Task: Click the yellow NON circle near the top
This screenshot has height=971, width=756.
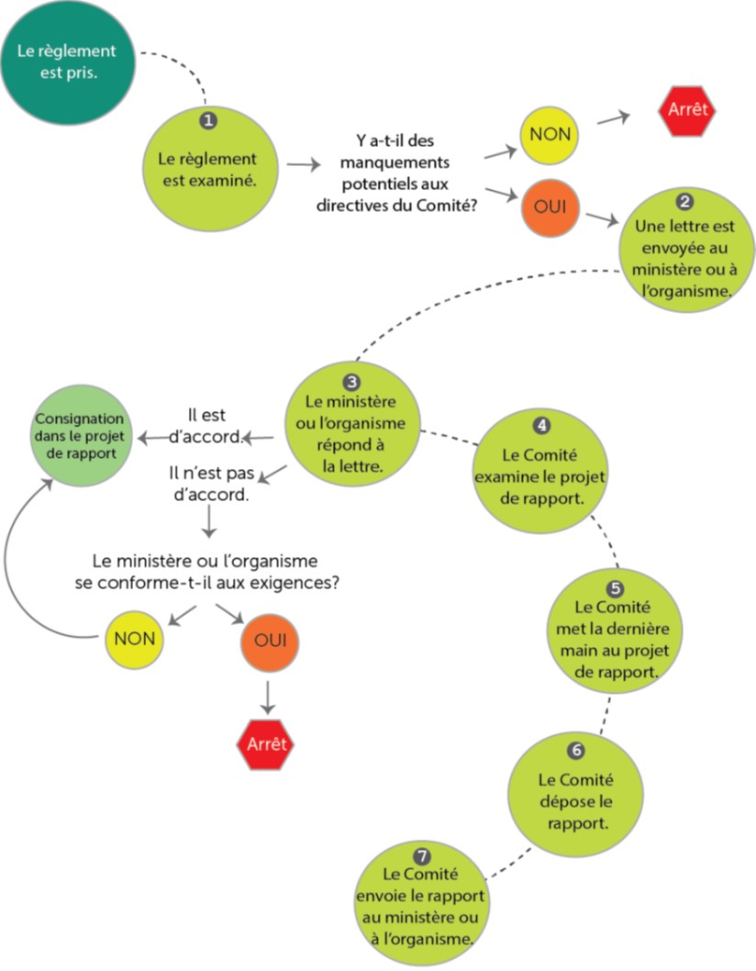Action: (x=550, y=134)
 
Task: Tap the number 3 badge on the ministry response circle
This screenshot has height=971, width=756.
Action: (x=351, y=381)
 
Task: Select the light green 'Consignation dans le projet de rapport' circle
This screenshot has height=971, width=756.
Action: (x=83, y=435)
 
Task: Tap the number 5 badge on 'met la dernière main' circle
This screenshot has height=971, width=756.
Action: (x=616, y=586)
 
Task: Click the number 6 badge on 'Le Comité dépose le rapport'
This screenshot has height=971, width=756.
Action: (x=575, y=750)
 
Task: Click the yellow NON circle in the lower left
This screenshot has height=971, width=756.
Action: (x=135, y=639)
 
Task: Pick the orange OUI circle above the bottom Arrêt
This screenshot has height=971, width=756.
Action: (x=270, y=639)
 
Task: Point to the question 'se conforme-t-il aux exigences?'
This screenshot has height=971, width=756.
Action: (x=215, y=571)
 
